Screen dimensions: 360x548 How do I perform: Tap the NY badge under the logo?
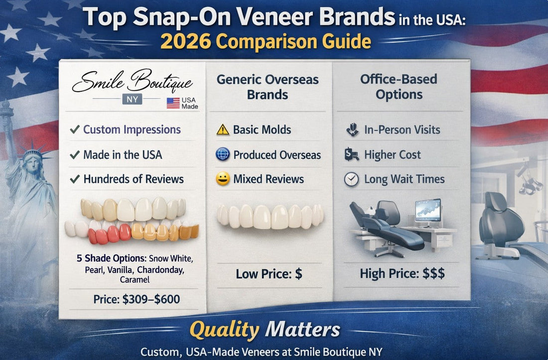pos(132,99)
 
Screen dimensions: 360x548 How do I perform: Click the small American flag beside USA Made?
pos(173,103)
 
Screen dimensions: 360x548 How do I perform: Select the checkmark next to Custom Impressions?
pos(75,130)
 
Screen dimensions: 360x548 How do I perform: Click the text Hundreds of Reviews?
pos(133,179)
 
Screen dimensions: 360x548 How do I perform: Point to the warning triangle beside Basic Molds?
pos(223,130)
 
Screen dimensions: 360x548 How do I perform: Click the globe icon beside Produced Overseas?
pos(223,154)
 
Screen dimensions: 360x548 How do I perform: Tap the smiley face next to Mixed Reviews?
pos(223,179)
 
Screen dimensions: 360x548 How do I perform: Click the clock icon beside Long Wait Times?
pos(351,179)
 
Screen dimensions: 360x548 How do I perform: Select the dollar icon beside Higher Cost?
pos(351,155)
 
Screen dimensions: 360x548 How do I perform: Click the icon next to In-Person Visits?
pos(352,130)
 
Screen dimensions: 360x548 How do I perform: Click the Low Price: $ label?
pos(269,273)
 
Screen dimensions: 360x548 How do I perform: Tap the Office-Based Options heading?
pos(399,87)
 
